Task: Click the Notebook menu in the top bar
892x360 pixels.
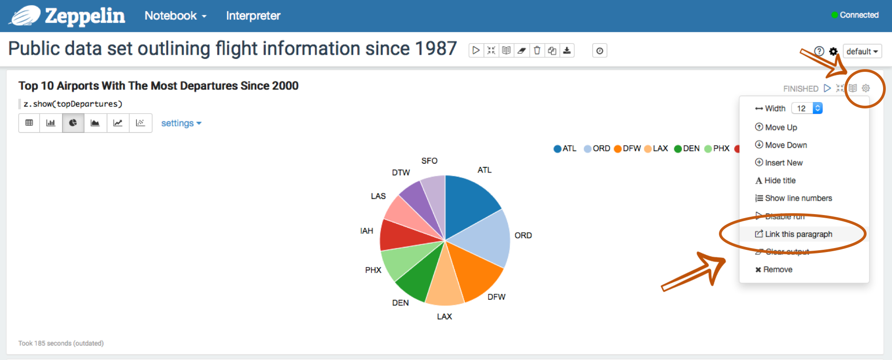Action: point(175,16)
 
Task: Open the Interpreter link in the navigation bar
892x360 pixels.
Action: point(253,16)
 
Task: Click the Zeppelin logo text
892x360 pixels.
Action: point(85,16)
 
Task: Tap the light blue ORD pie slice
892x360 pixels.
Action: point(486,239)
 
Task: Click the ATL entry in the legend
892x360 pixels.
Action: point(565,149)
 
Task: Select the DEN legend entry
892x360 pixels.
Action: point(687,149)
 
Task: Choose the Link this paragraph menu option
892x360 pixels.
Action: point(798,234)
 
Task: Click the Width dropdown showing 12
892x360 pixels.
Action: point(807,108)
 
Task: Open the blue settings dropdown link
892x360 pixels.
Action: point(181,123)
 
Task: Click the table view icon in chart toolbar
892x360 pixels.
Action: point(29,123)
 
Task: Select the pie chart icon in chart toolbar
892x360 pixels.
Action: point(73,123)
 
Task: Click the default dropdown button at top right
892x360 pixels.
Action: point(862,51)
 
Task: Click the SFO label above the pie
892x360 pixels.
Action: point(429,161)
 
